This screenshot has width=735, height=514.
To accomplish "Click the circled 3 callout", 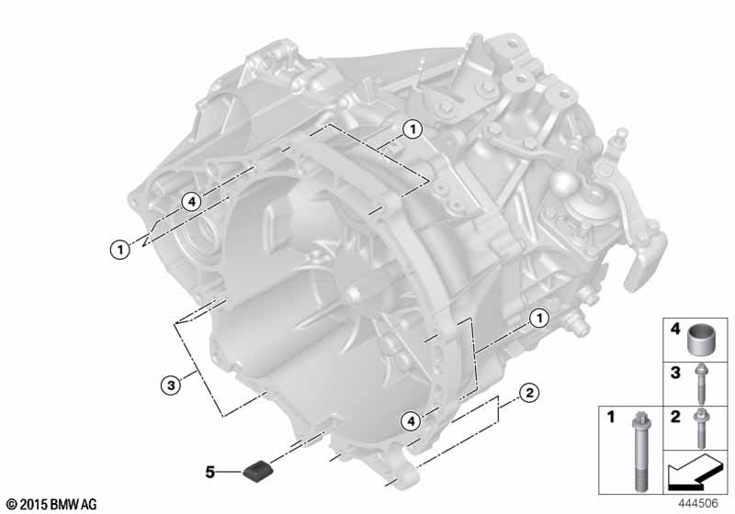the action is point(171,385).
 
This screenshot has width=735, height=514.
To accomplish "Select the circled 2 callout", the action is point(529,392).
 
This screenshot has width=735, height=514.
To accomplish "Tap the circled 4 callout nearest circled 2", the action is point(411,421).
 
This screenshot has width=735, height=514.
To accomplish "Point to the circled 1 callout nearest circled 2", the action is point(539,318).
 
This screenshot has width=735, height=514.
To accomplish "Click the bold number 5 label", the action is point(210,472).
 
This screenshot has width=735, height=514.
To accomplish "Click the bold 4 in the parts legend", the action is point(675,330).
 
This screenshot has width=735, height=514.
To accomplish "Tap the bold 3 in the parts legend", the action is point(675,373).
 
